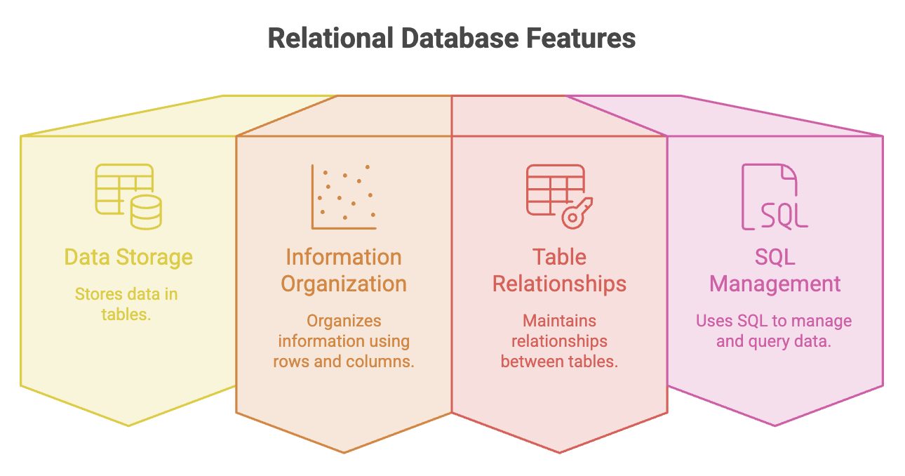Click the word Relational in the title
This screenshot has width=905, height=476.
click(x=330, y=39)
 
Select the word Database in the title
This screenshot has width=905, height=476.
click(x=460, y=39)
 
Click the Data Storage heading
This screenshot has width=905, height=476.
click(x=128, y=258)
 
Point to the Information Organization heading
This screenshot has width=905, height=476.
click(x=344, y=270)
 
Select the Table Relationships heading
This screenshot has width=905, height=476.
click(x=559, y=270)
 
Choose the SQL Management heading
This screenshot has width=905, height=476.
click(x=775, y=270)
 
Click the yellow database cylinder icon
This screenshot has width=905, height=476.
click(x=146, y=212)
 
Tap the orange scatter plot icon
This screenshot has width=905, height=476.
click(x=344, y=197)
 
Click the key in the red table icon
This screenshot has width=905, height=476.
click(x=577, y=213)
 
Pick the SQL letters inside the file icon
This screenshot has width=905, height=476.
click(x=784, y=216)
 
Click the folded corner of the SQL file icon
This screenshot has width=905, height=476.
click(x=789, y=172)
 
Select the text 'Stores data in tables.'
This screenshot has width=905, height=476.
click(x=126, y=304)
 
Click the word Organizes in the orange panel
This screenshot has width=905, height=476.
click(x=344, y=321)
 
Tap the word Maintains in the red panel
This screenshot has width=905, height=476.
click(x=559, y=321)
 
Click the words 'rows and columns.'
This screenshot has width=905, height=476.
click(x=344, y=362)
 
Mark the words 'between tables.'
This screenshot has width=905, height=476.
click(x=559, y=362)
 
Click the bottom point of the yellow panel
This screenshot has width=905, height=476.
click(x=128, y=426)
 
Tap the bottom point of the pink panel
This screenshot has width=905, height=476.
click(x=775, y=426)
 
